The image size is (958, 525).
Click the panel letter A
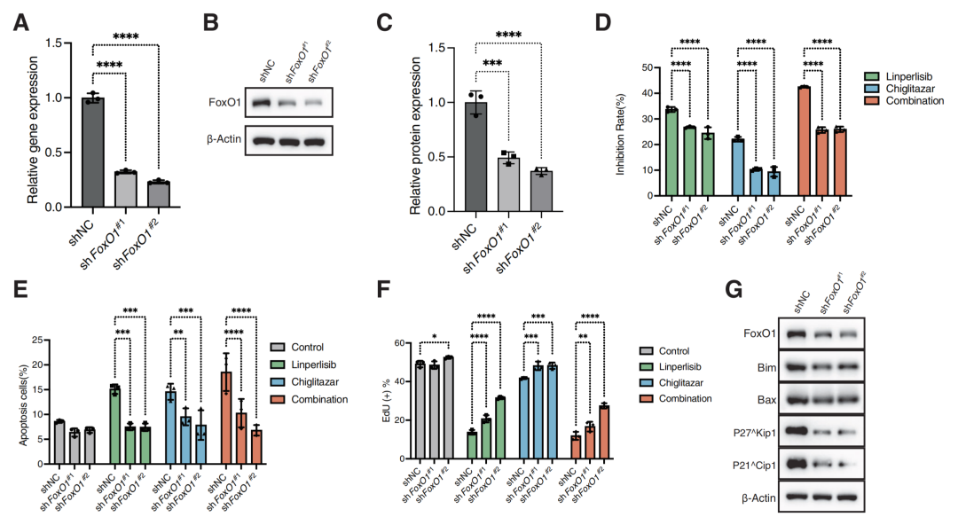[x=20, y=22]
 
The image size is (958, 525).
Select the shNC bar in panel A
[x=93, y=153]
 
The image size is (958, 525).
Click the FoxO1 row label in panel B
[x=224, y=102]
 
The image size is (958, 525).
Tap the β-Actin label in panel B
[x=224, y=139]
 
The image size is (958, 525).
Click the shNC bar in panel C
[x=476, y=156]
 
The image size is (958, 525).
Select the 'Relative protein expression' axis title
[x=415, y=136]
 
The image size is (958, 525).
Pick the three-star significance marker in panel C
[x=492, y=64]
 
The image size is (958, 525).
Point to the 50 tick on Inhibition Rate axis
[x=647, y=67]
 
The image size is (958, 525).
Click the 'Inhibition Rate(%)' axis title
[x=620, y=135]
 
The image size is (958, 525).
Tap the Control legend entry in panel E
[x=297, y=347]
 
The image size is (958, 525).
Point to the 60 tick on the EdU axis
[x=399, y=343]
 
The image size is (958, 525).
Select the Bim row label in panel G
[x=766, y=367]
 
